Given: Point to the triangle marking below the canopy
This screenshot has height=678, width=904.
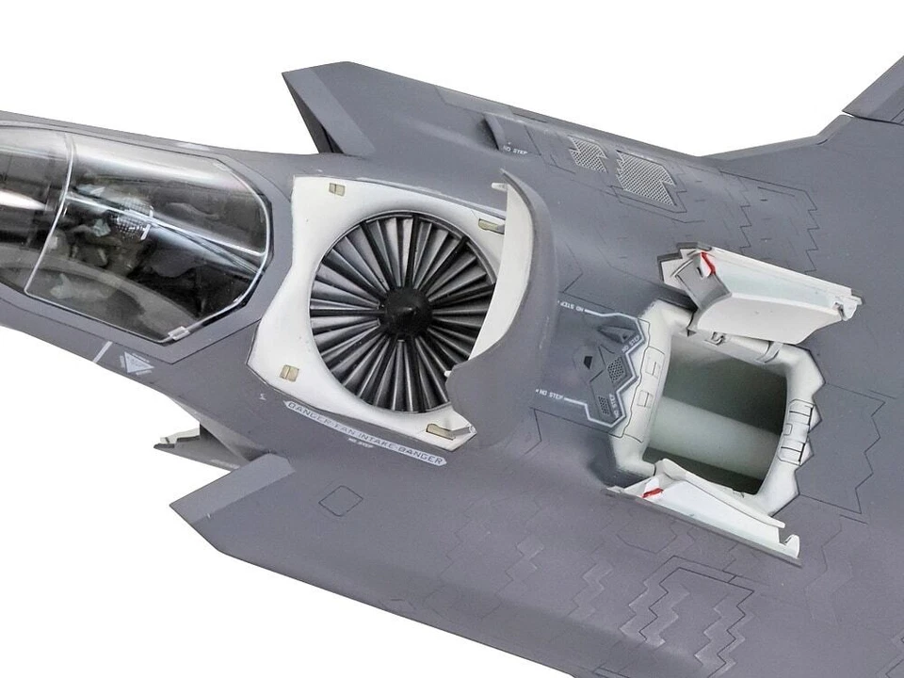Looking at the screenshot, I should click(x=137, y=363).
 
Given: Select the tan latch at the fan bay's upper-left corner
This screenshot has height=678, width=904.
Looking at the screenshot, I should click(x=335, y=190).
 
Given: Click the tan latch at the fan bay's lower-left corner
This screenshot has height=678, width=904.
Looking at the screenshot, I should click(x=290, y=373).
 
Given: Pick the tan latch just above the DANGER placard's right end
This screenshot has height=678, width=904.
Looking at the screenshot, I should click(x=436, y=430).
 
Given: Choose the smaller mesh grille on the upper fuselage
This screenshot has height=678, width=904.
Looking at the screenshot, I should click(x=589, y=153).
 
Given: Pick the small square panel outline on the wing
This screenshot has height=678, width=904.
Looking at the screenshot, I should click(x=340, y=499).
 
